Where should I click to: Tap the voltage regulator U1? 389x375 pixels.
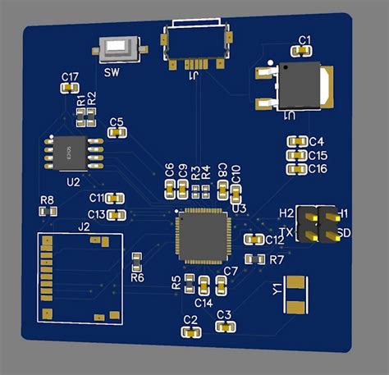pos(302,85)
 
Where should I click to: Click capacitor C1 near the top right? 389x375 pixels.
pos(302,51)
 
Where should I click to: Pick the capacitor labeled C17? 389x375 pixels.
pos(70,88)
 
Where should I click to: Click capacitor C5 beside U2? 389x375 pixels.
pos(117,133)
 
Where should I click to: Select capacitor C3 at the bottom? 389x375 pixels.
pos(223,326)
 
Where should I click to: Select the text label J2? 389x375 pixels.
pos(84,226)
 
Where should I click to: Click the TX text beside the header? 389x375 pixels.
pos(286,233)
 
